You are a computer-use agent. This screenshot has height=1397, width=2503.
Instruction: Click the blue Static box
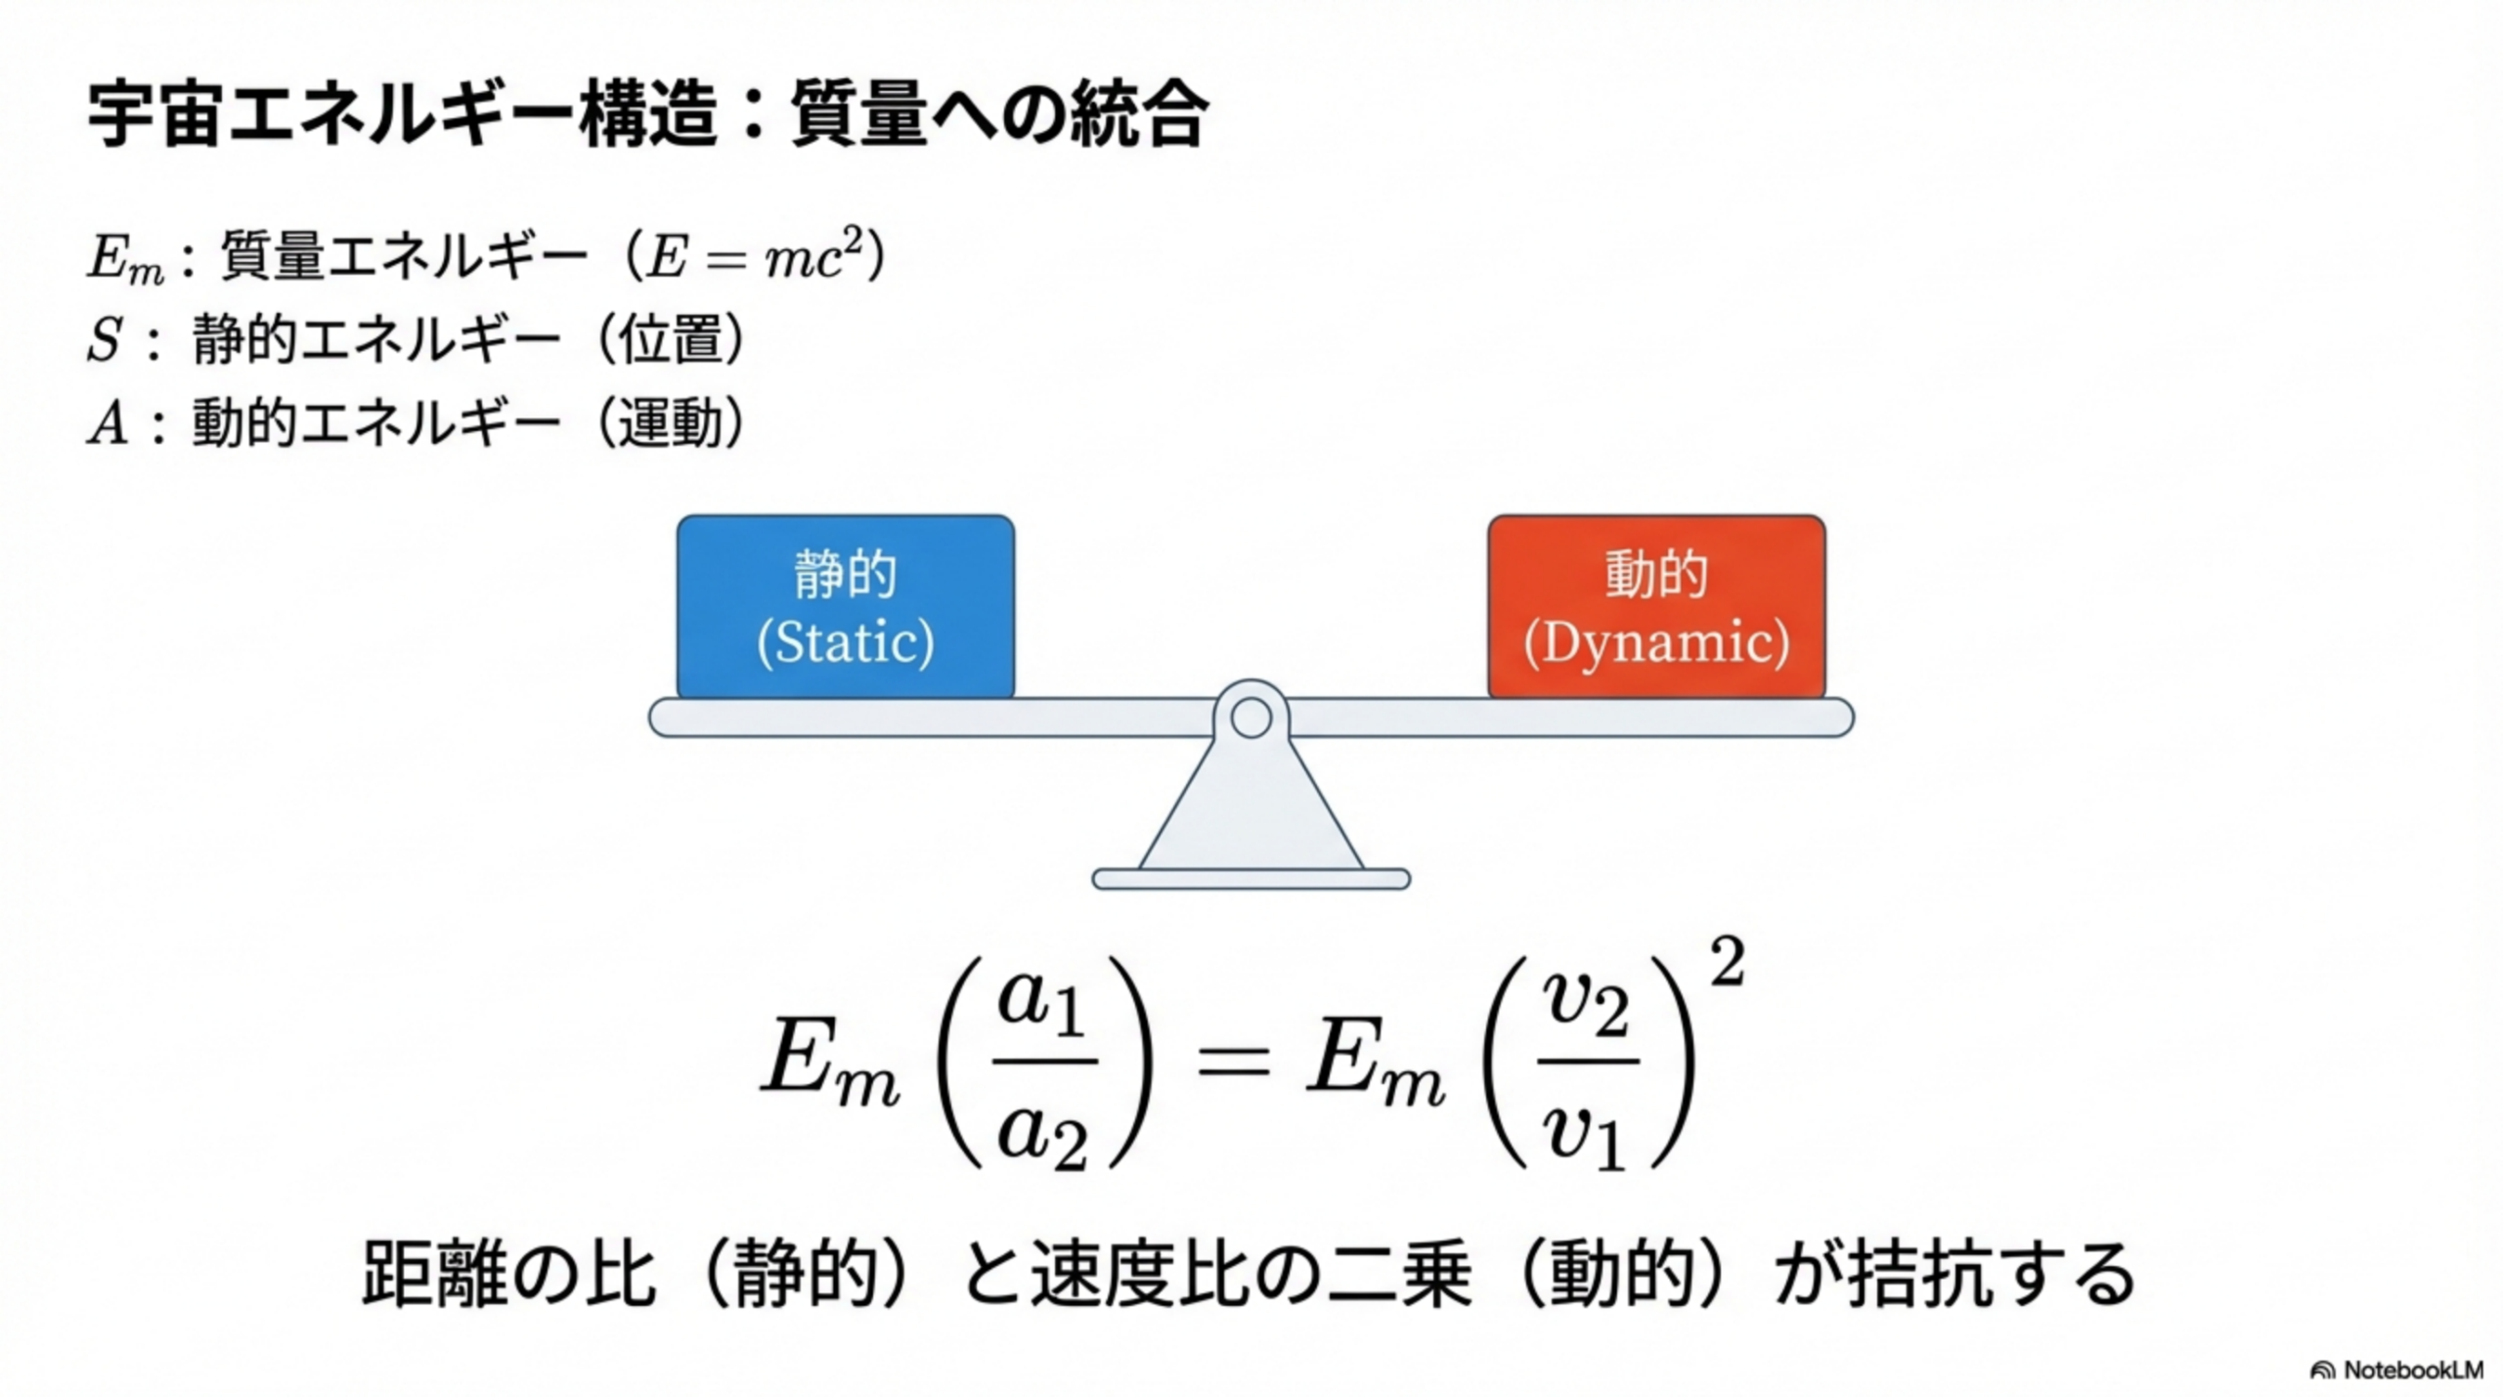tap(845, 606)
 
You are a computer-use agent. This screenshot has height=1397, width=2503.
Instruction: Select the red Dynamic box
tap(1656, 606)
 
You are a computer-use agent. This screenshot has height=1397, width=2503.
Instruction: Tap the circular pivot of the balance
tap(1251, 719)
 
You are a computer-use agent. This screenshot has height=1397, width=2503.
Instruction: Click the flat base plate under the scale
tap(1251, 879)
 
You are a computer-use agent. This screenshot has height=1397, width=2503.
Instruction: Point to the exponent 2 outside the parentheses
tap(1727, 963)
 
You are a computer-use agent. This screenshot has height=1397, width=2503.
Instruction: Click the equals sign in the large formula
tap(1234, 1063)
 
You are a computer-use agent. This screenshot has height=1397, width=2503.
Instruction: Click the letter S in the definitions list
tap(105, 342)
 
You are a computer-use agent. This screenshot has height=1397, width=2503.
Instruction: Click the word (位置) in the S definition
tap(671, 341)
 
